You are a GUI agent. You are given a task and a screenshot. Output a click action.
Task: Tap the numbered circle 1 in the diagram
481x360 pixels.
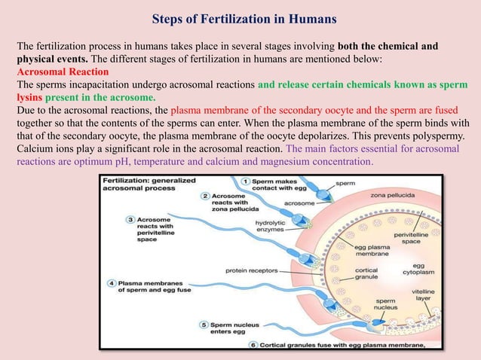pos(246,182)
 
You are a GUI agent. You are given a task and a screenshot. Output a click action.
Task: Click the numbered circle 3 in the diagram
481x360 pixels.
pos(130,219)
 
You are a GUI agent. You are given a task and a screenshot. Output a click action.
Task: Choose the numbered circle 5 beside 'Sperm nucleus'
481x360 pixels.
pos(204,325)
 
